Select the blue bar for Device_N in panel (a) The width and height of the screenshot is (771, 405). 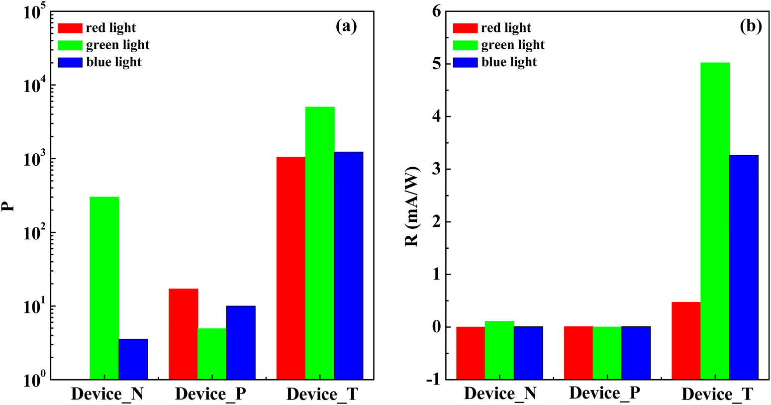(x=133, y=359)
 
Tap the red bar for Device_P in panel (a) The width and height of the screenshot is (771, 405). (x=184, y=334)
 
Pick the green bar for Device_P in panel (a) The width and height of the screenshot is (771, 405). (x=212, y=354)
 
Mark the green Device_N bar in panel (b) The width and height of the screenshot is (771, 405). (x=499, y=324)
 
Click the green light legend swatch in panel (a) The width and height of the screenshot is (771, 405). (x=70, y=45)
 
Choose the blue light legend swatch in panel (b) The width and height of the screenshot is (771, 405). (x=465, y=62)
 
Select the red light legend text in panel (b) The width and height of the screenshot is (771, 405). (x=506, y=28)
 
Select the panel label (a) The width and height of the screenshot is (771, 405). (x=346, y=26)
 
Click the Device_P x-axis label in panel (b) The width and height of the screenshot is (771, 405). (x=604, y=394)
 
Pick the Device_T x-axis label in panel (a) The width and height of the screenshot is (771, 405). (x=322, y=395)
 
